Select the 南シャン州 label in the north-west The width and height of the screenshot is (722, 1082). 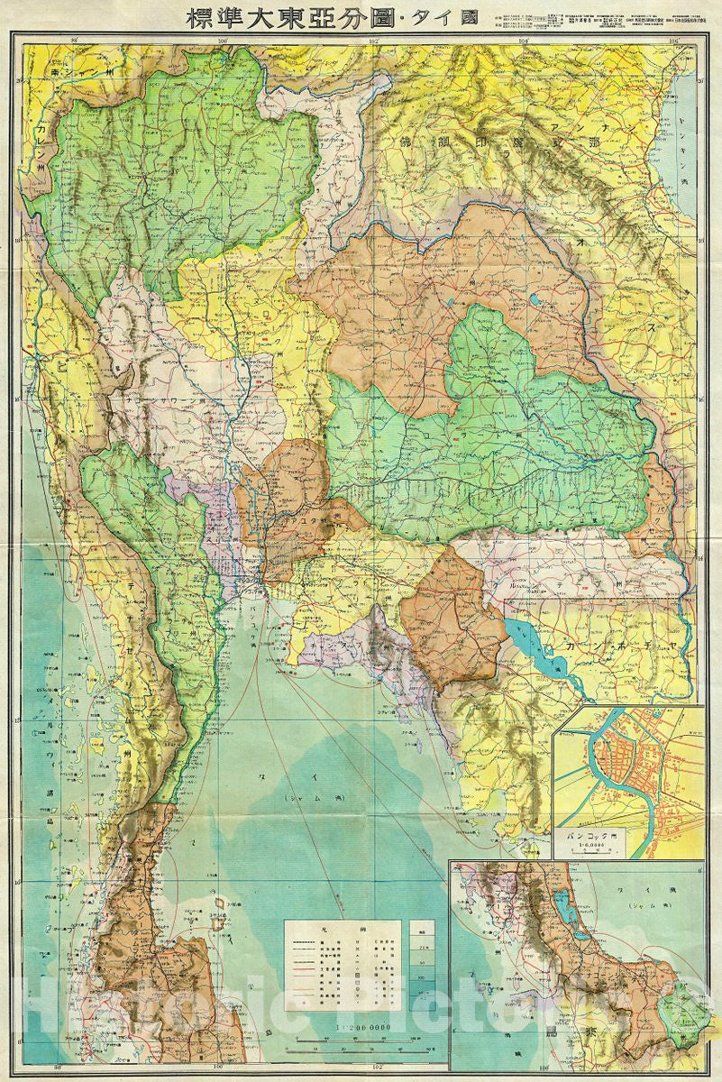pos(81,71)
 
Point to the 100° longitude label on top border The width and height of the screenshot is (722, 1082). pos(223,39)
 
